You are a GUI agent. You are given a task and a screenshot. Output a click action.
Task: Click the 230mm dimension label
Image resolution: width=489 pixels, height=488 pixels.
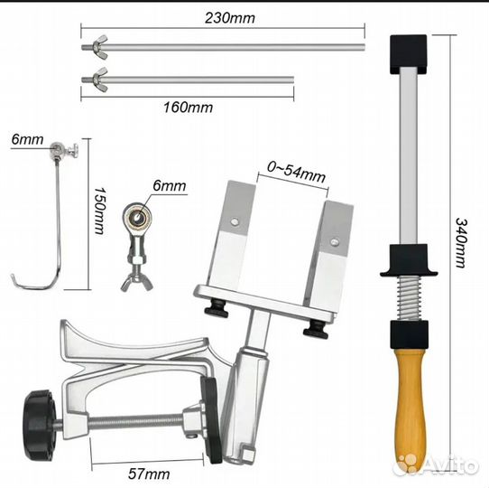pyautogui.click(x=230, y=18)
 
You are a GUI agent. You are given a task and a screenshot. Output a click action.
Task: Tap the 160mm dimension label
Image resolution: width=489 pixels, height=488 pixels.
pyautogui.click(x=188, y=108)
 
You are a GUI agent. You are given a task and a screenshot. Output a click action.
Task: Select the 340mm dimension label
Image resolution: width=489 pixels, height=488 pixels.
pyautogui.click(x=461, y=243)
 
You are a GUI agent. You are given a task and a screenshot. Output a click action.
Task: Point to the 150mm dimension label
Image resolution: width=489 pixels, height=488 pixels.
pyautogui.click(x=100, y=211)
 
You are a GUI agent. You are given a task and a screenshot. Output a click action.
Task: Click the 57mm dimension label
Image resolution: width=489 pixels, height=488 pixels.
pyautogui.click(x=149, y=474)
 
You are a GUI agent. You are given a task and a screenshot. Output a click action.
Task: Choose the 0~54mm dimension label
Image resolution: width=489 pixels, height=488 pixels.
pyautogui.click(x=296, y=173)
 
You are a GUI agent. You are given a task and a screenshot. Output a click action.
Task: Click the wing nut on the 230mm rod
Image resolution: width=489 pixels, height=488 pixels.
pyautogui.click(x=99, y=47)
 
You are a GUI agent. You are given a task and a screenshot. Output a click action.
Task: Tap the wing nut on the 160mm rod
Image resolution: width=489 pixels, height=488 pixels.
pyautogui.click(x=99, y=80)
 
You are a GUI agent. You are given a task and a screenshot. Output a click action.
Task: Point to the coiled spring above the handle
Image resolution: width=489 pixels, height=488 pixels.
pyautogui.click(x=409, y=298)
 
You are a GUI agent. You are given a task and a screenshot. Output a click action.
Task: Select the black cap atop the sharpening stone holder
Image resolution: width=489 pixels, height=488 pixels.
pyautogui.click(x=408, y=54)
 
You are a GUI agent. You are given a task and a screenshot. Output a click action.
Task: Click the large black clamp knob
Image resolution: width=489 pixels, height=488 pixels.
pyautogui.click(x=40, y=425)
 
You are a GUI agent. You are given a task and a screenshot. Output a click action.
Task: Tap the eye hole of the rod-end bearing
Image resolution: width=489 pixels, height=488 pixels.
pyautogui.click(x=137, y=217)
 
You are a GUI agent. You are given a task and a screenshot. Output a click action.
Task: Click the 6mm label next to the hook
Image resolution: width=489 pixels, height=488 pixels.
pyautogui.click(x=27, y=139)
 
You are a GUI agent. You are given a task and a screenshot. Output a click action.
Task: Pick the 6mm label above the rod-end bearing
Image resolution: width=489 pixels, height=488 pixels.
pyautogui.click(x=170, y=186)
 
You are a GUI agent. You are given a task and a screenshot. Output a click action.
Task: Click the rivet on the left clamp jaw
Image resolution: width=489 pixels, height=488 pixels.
pyautogui.click(x=235, y=221)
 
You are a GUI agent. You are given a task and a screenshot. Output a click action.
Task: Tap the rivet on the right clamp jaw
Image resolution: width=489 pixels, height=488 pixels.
pyautogui.click(x=335, y=241)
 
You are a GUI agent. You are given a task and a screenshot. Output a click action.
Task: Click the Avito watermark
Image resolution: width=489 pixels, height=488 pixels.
pyautogui.click(x=436, y=464)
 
